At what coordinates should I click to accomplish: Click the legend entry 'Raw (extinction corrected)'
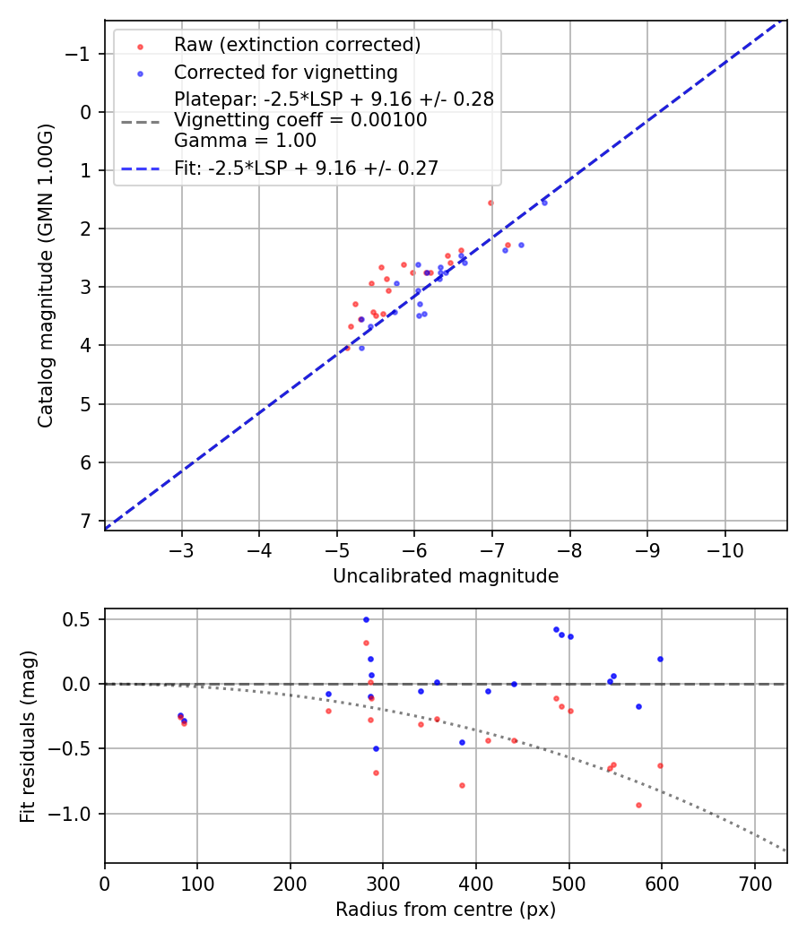[x=297, y=45]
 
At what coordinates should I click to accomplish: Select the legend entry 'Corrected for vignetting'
[x=286, y=72]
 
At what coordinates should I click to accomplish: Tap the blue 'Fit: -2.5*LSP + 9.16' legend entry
[x=306, y=168]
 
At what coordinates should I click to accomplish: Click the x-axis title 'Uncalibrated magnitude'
[x=446, y=576]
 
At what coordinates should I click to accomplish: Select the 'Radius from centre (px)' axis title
[x=446, y=910]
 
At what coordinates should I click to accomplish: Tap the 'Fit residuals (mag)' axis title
[x=27, y=736]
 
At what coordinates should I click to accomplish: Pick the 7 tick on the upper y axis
[x=87, y=521]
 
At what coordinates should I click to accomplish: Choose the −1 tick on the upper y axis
[x=81, y=54]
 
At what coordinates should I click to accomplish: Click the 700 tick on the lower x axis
[x=754, y=883]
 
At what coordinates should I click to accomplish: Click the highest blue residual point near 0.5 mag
[x=366, y=619]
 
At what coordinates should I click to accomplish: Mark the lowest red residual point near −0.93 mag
[x=638, y=805]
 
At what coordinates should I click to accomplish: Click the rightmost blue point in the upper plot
[x=544, y=203]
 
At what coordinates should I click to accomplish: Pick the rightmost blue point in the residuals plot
[x=660, y=659]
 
